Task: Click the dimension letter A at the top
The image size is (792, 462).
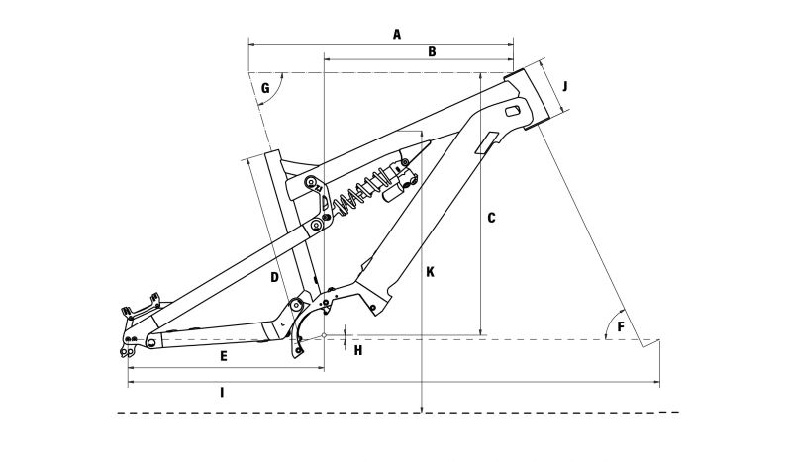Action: [397, 35]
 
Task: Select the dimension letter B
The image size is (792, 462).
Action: [432, 51]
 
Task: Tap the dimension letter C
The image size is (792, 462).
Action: [491, 218]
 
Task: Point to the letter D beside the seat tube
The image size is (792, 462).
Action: [275, 277]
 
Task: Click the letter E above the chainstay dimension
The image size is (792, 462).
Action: [224, 356]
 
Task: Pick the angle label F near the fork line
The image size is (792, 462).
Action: [621, 327]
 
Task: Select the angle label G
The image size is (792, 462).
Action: [265, 88]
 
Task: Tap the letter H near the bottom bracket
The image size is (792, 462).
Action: [358, 350]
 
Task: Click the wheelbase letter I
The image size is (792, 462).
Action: [221, 393]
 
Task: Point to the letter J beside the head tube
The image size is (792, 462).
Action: [565, 86]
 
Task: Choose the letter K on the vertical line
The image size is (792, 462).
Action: [430, 272]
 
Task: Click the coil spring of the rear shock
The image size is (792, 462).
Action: [359, 190]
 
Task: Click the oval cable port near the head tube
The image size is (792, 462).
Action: [513, 111]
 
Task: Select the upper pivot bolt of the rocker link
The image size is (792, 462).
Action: [311, 182]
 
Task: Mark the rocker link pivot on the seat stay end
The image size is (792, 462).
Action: [317, 226]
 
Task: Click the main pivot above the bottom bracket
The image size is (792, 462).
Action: [295, 305]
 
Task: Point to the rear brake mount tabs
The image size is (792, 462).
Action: [142, 307]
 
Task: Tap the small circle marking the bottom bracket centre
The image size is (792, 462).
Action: [324, 334]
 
